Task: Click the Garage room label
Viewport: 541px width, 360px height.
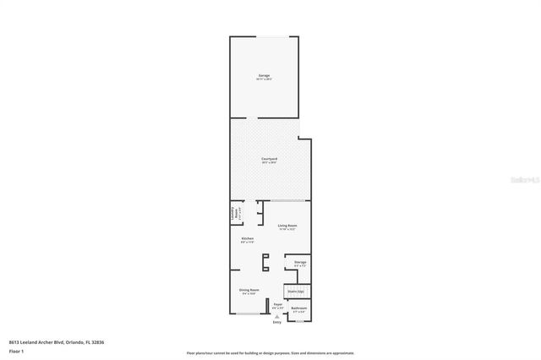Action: pyautogui.click(x=265, y=77)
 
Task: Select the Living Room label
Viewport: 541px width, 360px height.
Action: pyautogui.click(x=287, y=226)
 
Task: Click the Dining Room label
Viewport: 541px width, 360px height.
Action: pyautogui.click(x=249, y=291)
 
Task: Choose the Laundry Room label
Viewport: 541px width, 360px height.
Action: pyautogui.click(x=238, y=215)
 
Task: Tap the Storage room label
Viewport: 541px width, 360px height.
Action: pyautogui.click(x=300, y=263)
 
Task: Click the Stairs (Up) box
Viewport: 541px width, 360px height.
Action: pyautogui.click(x=295, y=292)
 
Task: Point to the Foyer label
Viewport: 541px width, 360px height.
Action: pyautogui.click(x=277, y=305)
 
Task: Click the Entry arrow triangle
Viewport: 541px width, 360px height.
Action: pyautogui.click(x=276, y=316)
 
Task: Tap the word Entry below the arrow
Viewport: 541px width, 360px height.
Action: pyautogui.click(x=276, y=323)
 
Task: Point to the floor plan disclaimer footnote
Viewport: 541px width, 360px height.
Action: pyautogui.click(x=270, y=352)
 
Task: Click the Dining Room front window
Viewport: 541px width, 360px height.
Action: pyautogui.click(x=249, y=315)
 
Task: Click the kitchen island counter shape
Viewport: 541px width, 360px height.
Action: pyautogui.click(x=265, y=263)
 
